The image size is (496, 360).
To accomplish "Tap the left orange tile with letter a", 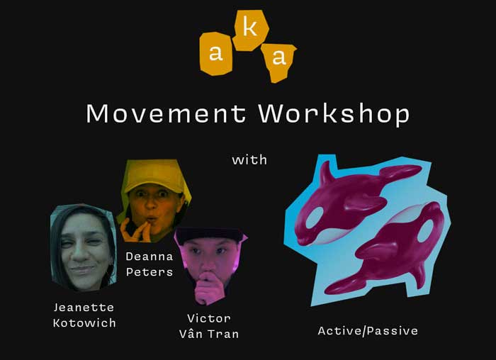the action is point(216,53).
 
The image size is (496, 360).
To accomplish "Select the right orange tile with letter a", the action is point(278,62).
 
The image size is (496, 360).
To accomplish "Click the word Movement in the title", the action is point(166,113).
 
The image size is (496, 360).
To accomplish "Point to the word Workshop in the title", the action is point(334,114).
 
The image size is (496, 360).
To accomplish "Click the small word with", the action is point(249,159).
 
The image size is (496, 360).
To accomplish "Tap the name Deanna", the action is point(150,257).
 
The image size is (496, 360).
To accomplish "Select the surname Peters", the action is point(150,271).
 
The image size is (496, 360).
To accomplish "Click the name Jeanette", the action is point(84,307).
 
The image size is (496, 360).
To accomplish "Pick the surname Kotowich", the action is point(84,323).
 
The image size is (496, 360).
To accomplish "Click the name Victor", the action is point(209,318).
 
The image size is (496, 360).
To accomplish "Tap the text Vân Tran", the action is point(209,334).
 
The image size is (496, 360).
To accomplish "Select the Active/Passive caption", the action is point(368,331).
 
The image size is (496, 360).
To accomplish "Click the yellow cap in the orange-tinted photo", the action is point(154,176).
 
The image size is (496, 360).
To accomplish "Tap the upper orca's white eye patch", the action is point(314,217).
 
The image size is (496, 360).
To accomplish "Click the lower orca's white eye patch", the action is point(425,230).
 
